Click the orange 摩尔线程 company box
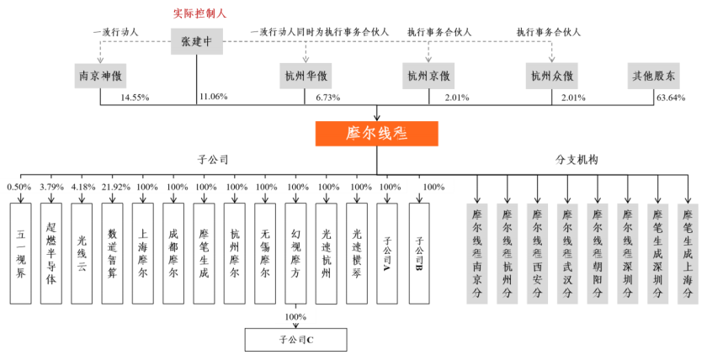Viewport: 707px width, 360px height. [x=376, y=134]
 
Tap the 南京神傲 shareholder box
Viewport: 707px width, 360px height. [x=102, y=76]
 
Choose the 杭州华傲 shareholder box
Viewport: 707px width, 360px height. [x=305, y=76]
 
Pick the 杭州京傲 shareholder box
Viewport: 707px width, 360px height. [x=428, y=76]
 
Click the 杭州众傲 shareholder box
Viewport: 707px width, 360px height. [x=552, y=76]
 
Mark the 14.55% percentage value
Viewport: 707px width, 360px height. [x=135, y=98]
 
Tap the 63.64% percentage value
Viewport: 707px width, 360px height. [x=669, y=98]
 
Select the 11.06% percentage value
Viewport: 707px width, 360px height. [x=213, y=98]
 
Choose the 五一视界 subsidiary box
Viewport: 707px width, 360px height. [x=22, y=253]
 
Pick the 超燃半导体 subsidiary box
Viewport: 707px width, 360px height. [x=52, y=253]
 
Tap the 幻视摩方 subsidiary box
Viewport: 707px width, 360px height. [x=296, y=253]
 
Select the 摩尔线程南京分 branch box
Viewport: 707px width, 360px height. [x=477, y=253]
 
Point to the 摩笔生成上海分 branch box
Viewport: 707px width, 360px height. [x=688, y=253]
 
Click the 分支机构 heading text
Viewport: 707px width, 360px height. [x=577, y=158]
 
